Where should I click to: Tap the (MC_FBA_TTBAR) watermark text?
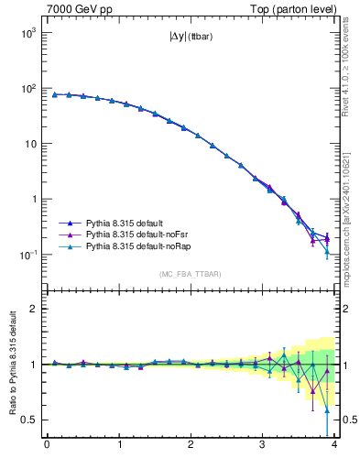[x=191, y=274]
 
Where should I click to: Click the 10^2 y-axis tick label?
[x=27, y=89]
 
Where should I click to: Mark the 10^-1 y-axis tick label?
[x=27, y=255]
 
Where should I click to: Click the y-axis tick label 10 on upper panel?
[x=30, y=144]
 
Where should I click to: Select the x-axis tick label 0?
[x=47, y=446]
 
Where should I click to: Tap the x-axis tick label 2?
[x=191, y=446]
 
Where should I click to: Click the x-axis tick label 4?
[x=334, y=446]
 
